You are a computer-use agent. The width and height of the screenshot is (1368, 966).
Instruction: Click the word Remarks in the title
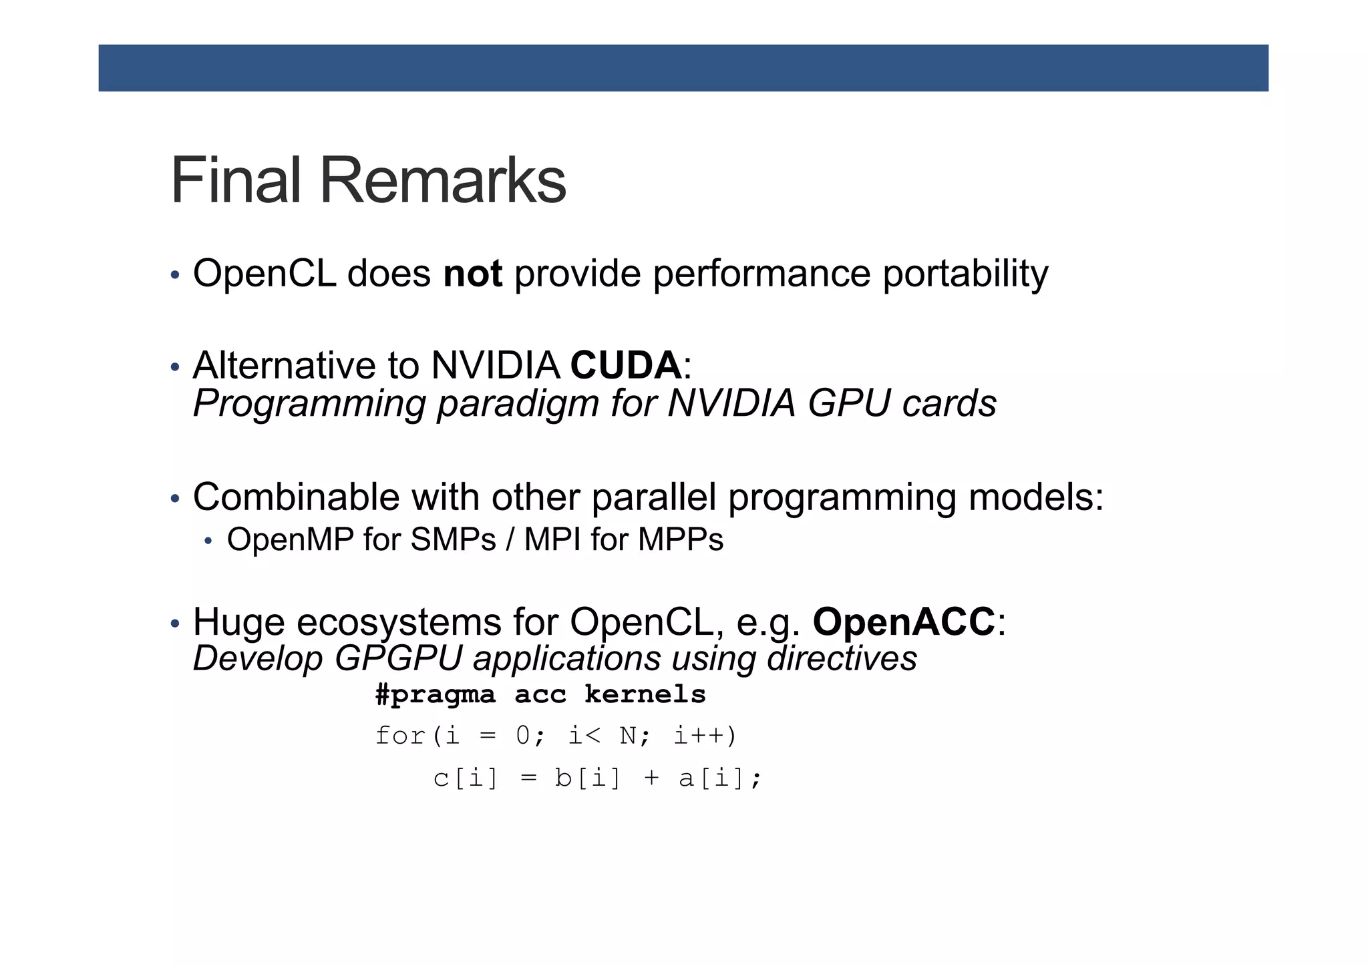coord(443,180)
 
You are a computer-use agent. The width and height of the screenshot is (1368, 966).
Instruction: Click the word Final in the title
coord(236,180)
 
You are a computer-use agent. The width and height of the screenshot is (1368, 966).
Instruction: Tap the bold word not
coord(472,274)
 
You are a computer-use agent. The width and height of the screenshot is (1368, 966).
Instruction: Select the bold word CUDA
coord(626,365)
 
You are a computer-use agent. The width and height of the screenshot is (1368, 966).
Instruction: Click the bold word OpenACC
coord(904,622)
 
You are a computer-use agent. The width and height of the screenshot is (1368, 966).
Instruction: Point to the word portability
coord(965,274)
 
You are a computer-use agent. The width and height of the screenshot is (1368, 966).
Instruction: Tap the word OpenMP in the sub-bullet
coord(290,539)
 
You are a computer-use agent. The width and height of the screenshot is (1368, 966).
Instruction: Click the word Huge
coord(238,622)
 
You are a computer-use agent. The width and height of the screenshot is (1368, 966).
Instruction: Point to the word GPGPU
coord(398,658)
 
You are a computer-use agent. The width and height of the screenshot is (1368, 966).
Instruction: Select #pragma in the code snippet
coord(435,695)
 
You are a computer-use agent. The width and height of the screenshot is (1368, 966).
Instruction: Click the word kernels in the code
coord(645,694)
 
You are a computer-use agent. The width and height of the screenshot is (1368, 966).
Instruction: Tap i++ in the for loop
coord(699,736)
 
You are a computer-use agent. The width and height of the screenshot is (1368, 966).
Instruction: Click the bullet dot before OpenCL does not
coord(175,275)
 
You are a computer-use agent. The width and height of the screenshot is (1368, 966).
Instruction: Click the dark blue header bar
coord(683,67)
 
